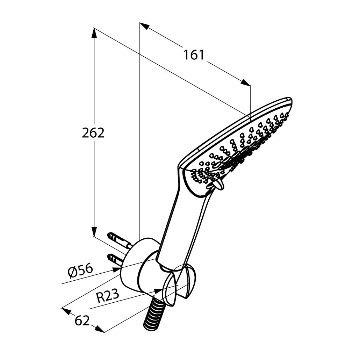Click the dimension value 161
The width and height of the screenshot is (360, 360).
point(194,55)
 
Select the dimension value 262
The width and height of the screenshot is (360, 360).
point(93,133)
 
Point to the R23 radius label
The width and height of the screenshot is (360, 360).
point(107,296)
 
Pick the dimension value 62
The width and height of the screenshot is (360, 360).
point(82,321)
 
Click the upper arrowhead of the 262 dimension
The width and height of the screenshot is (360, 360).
point(94,33)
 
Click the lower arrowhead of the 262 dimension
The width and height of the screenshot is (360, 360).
point(94,231)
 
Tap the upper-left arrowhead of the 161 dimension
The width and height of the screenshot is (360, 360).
point(145,26)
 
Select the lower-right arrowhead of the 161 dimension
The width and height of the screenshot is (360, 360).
point(245,82)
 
